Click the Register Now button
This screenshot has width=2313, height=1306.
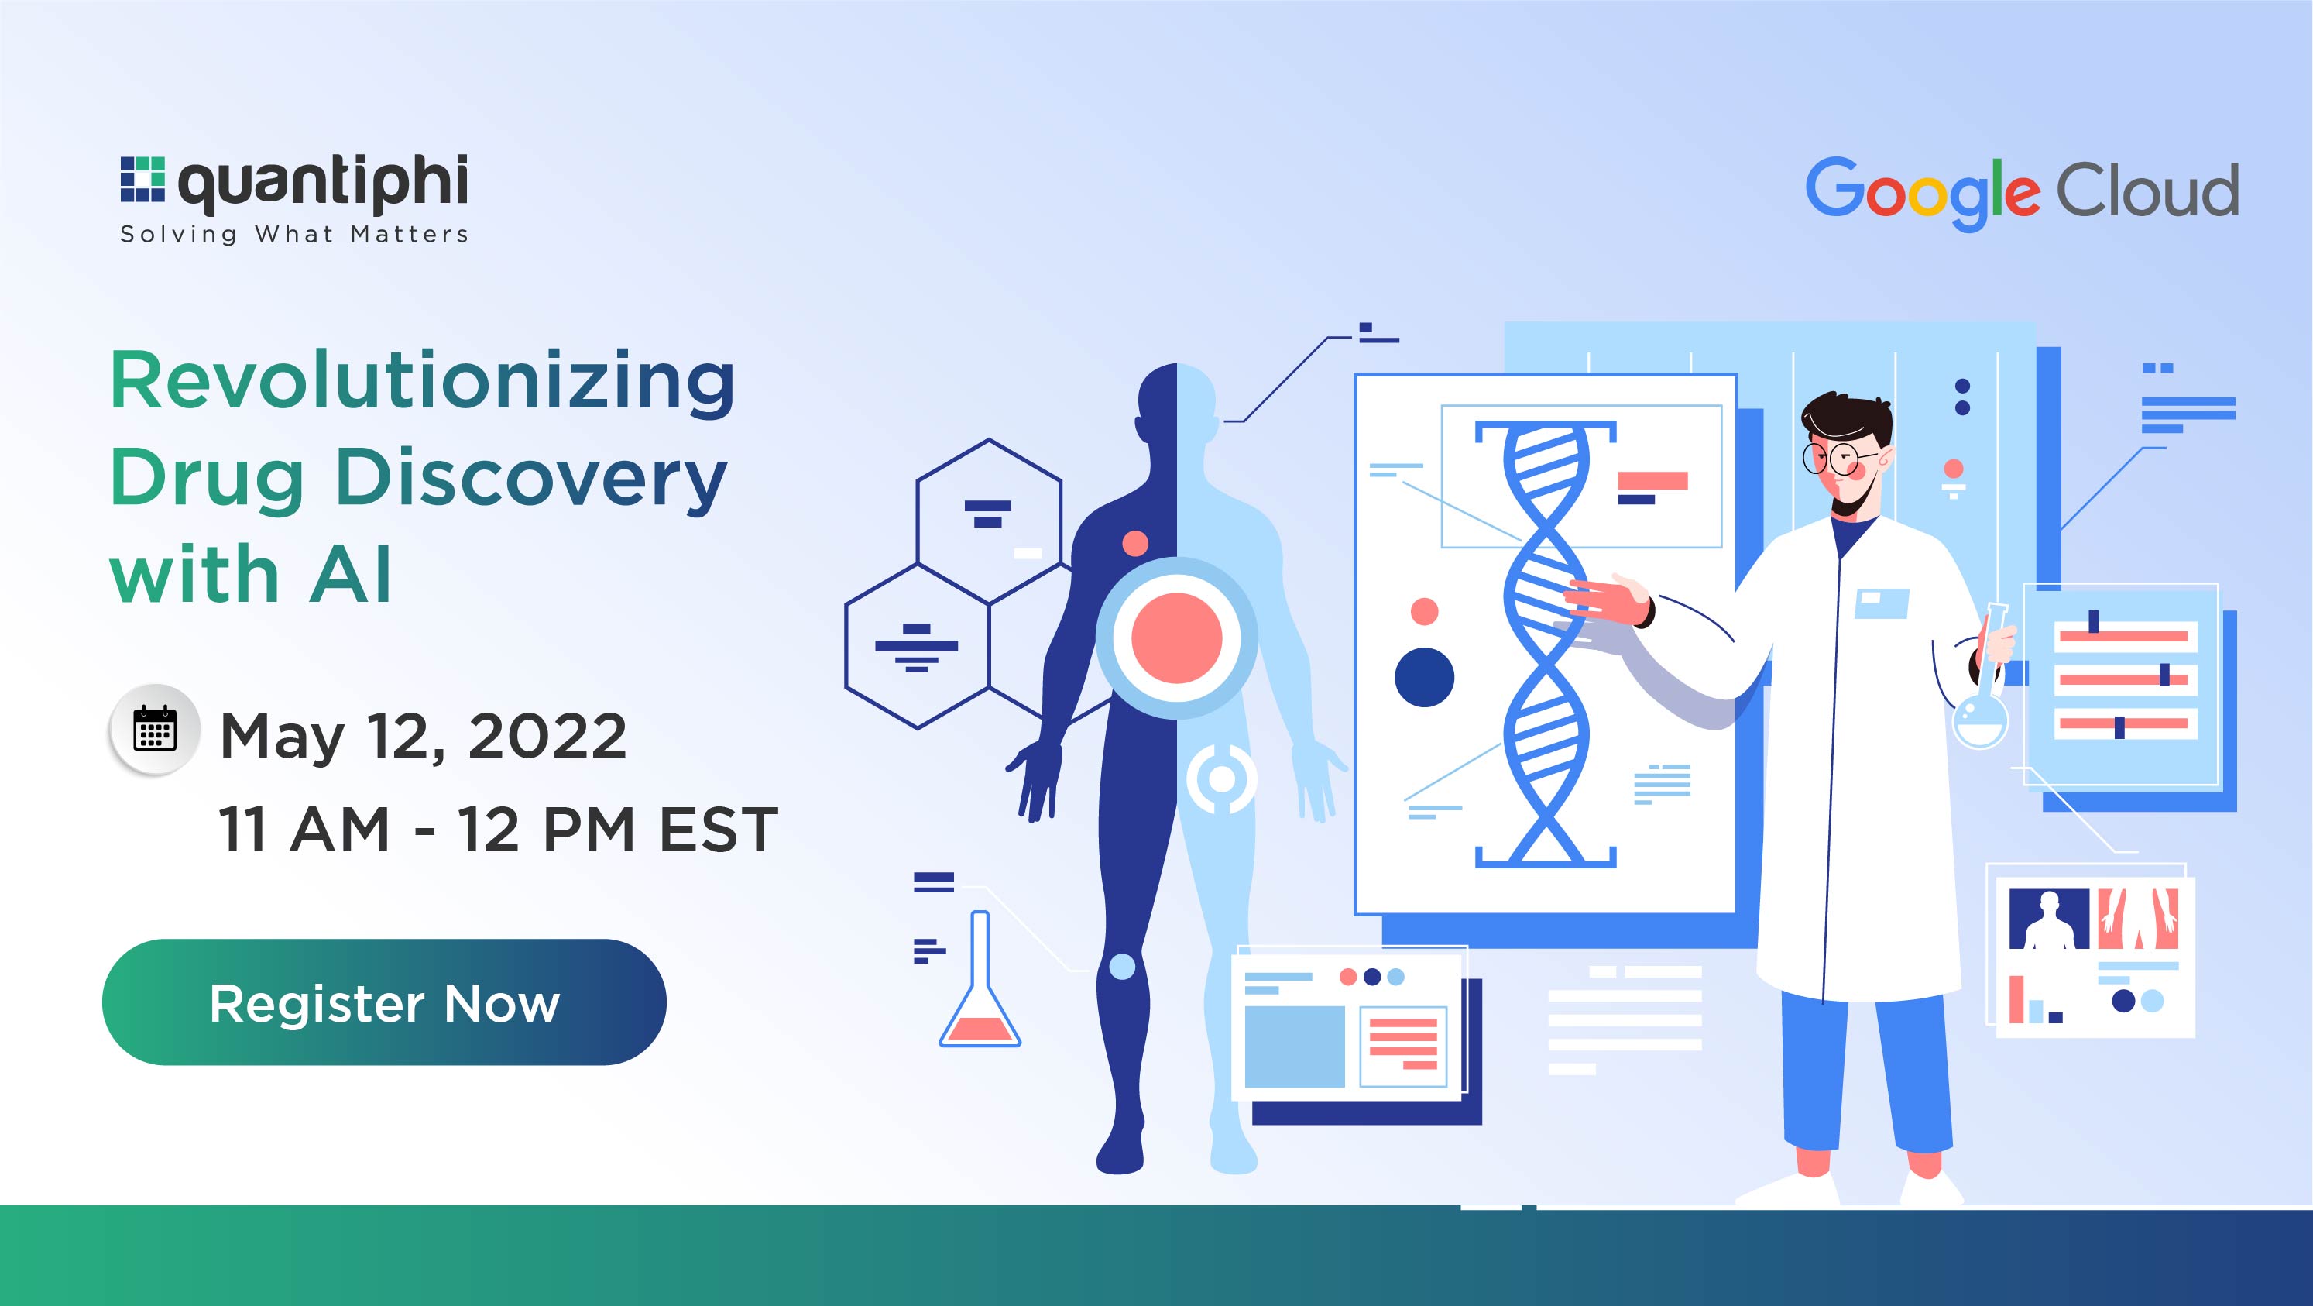point(384,1002)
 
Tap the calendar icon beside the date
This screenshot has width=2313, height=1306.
point(154,730)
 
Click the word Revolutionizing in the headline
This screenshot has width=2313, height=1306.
point(422,382)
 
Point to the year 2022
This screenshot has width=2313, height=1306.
point(547,737)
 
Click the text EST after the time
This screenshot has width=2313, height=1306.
point(719,829)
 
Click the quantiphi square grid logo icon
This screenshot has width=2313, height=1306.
point(142,180)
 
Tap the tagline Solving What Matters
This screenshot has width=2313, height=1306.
point(294,235)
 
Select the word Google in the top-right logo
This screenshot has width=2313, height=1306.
point(1921,191)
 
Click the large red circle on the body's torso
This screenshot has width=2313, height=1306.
point(1176,638)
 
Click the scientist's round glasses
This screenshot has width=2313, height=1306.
point(1831,456)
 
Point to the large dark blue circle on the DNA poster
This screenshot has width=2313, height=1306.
point(1424,677)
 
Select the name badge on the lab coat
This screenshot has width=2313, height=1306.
point(1881,602)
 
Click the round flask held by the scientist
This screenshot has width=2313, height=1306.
point(1980,719)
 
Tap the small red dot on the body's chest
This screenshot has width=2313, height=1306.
point(1135,542)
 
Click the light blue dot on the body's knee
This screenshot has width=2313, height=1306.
point(1122,967)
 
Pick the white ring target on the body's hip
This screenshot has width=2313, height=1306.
point(1221,778)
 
